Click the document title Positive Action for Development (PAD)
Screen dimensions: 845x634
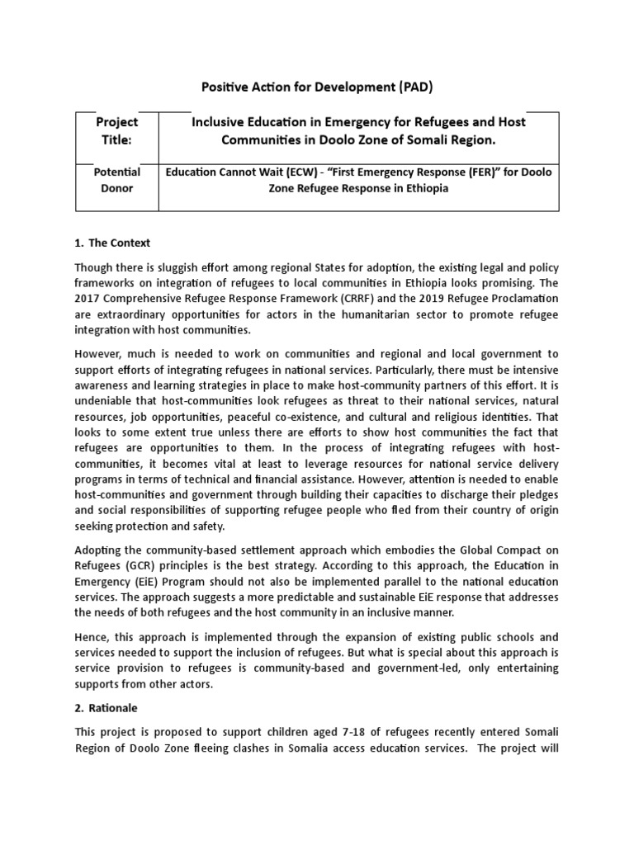coord(317,87)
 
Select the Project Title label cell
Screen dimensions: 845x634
coord(117,131)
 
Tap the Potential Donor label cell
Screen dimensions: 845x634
coord(117,180)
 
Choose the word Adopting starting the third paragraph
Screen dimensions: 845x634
coord(100,550)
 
